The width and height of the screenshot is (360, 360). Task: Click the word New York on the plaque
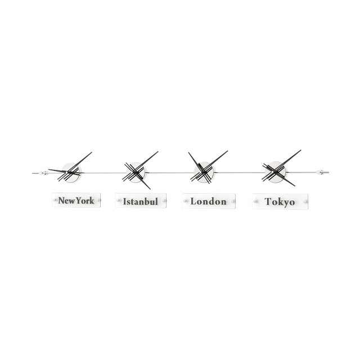pyautogui.click(x=76, y=200)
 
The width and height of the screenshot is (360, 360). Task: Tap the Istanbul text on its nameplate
pyautogui.click(x=141, y=201)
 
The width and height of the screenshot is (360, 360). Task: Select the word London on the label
pyautogui.click(x=208, y=201)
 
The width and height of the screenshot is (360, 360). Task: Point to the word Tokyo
pyautogui.click(x=280, y=201)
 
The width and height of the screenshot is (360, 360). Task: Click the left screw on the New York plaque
pyautogui.click(x=55, y=200)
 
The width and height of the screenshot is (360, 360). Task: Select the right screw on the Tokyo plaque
pyautogui.click(x=307, y=201)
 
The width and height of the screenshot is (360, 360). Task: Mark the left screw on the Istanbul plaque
pyautogui.click(x=118, y=201)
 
